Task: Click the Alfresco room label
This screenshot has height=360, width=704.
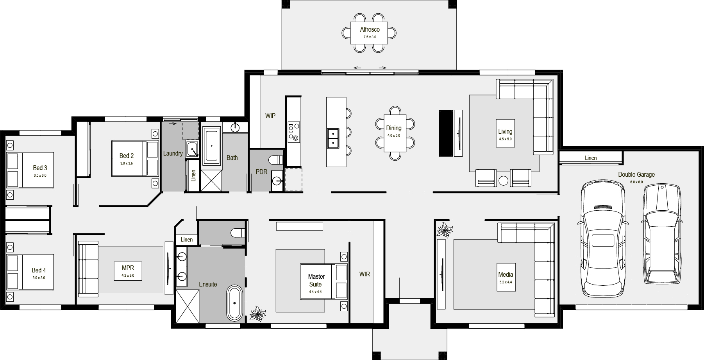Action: [x=370, y=29]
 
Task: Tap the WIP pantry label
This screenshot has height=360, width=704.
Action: [x=270, y=116]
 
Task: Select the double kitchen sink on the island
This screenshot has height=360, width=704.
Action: [x=333, y=138]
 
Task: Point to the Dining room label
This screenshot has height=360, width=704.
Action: [x=394, y=128]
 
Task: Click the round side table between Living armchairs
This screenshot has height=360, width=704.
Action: [x=504, y=180]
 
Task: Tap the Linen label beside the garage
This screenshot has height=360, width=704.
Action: [x=591, y=158]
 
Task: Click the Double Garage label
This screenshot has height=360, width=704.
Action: [x=636, y=175]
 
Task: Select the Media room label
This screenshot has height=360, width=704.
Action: [x=506, y=275]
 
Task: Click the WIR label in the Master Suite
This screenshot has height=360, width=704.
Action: [x=365, y=274]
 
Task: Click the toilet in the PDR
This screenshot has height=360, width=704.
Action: [x=276, y=160]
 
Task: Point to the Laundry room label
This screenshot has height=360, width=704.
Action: [x=173, y=154]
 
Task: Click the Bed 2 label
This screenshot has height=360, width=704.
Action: [x=127, y=156]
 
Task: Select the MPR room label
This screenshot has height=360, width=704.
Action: [x=128, y=268]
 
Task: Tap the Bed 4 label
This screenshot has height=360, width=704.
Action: [x=39, y=270]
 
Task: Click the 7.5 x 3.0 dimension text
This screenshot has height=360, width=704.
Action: [x=370, y=37]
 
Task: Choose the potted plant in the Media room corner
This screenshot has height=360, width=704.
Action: [x=444, y=230]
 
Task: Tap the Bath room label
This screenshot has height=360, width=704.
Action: [x=232, y=158]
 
